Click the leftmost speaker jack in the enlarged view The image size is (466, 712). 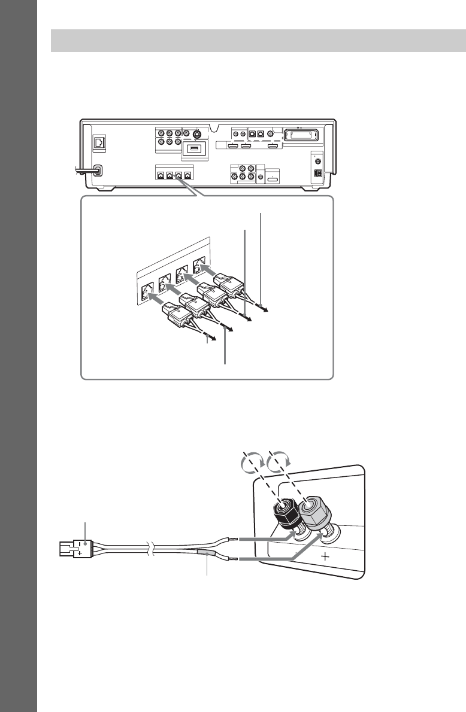(145, 293)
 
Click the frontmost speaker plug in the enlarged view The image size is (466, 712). (178, 313)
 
